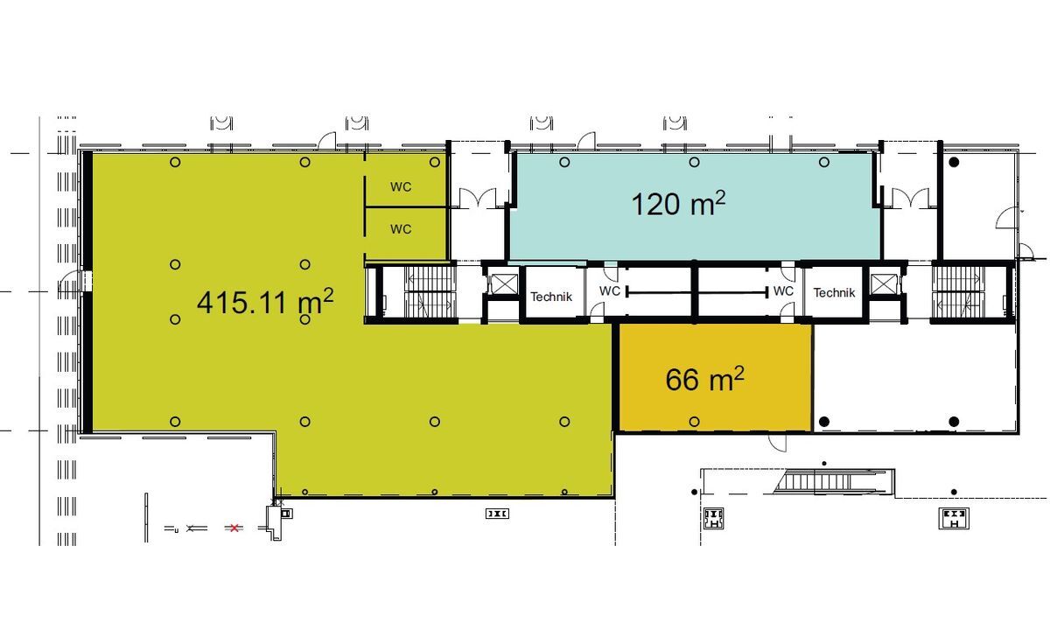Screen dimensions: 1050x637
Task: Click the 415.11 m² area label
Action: (x=265, y=301)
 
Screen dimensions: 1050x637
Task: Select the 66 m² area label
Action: (x=704, y=379)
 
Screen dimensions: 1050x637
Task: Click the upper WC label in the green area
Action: (x=401, y=187)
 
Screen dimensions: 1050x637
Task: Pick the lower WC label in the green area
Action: (x=401, y=229)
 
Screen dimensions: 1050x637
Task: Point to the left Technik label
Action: (x=551, y=297)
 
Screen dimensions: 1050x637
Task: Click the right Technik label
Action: (x=834, y=293)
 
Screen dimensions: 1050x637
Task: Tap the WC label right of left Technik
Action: (x=609, y=291)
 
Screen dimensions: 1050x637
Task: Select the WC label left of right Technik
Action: (x=783, y=291)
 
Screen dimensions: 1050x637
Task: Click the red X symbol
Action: (x=234, y=528)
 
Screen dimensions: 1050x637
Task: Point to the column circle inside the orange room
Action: (x=694, y=422)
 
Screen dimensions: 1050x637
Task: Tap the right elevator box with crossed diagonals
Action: (x=883, y=284)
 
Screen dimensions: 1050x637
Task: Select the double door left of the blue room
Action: (x=477, y=199)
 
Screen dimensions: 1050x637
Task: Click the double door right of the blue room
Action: (x=910, y=199)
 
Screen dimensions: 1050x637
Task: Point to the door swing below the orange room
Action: (x=778, y=443)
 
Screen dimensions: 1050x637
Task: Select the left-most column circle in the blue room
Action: (x=564, y=162)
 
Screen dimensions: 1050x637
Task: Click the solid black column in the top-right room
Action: (x=954, y=162)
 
